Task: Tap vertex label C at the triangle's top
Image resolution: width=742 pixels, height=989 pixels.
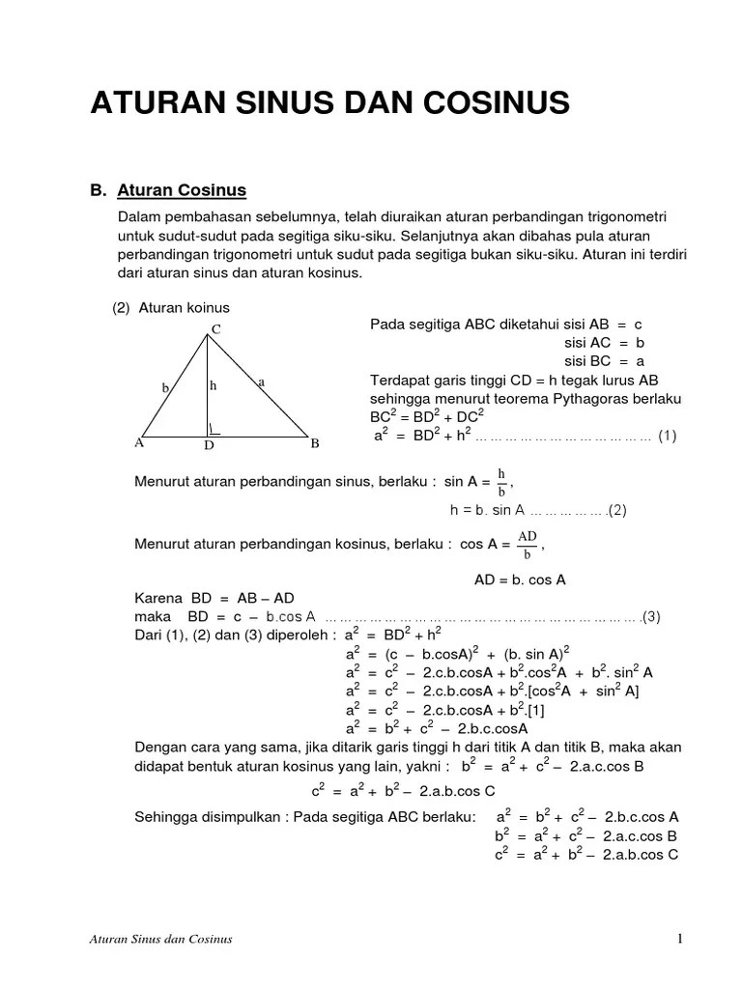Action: pos(216,329)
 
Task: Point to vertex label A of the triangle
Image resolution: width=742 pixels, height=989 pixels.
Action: pos(139,444)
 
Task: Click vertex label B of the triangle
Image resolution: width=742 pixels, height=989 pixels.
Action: pos(314,445)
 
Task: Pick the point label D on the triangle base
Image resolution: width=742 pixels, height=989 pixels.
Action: pos(208,447)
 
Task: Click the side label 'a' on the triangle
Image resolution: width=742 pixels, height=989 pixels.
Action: pos(261,382)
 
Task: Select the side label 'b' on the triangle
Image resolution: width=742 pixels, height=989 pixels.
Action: pos(165,388)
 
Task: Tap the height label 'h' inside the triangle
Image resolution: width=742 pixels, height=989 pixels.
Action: pos(214,385)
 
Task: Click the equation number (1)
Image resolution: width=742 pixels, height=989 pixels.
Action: pos(668,436)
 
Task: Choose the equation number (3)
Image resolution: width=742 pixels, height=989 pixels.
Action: pos(650,616)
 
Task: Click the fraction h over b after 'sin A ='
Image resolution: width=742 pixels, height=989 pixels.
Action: pos(501,481)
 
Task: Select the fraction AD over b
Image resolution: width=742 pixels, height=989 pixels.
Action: pos(528,545)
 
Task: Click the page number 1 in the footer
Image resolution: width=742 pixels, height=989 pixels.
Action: pos(680,939)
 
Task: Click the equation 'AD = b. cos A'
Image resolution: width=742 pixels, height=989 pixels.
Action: pos(520,580)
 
